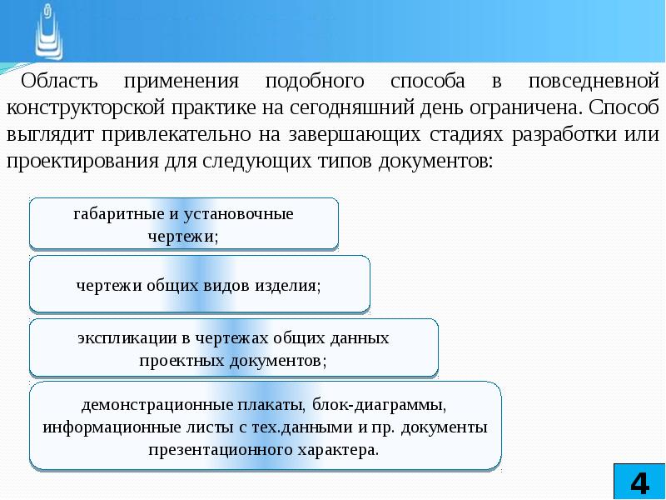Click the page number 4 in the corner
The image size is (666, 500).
pyautogui.click(x=639, y=482)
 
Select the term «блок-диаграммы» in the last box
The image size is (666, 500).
pyautogui.click(x=380, y=406)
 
